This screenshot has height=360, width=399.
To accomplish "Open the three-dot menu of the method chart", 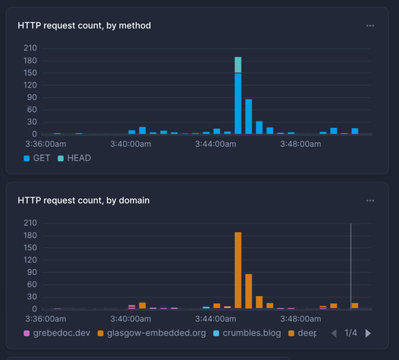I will click(370, 25).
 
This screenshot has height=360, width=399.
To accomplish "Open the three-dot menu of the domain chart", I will click(370, 201).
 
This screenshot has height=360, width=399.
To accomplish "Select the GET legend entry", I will click(37, 158).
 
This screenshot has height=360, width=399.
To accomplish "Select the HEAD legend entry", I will click(74, 158).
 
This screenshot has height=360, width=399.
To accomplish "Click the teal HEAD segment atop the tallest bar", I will click(237, 65).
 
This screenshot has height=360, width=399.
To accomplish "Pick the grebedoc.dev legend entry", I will click(57, 332).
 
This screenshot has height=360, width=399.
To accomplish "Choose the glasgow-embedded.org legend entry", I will click(150, 332).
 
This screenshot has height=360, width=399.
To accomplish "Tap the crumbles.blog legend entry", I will click(247, 332).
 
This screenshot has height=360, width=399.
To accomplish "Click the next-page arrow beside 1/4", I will click(367, 333).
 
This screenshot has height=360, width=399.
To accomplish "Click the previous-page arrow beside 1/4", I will click(333, 333).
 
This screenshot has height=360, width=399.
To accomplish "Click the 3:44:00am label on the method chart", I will click(215, 144).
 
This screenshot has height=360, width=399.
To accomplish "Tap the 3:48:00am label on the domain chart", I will click(300, 319).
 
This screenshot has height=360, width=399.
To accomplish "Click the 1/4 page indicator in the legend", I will click(351, 333).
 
